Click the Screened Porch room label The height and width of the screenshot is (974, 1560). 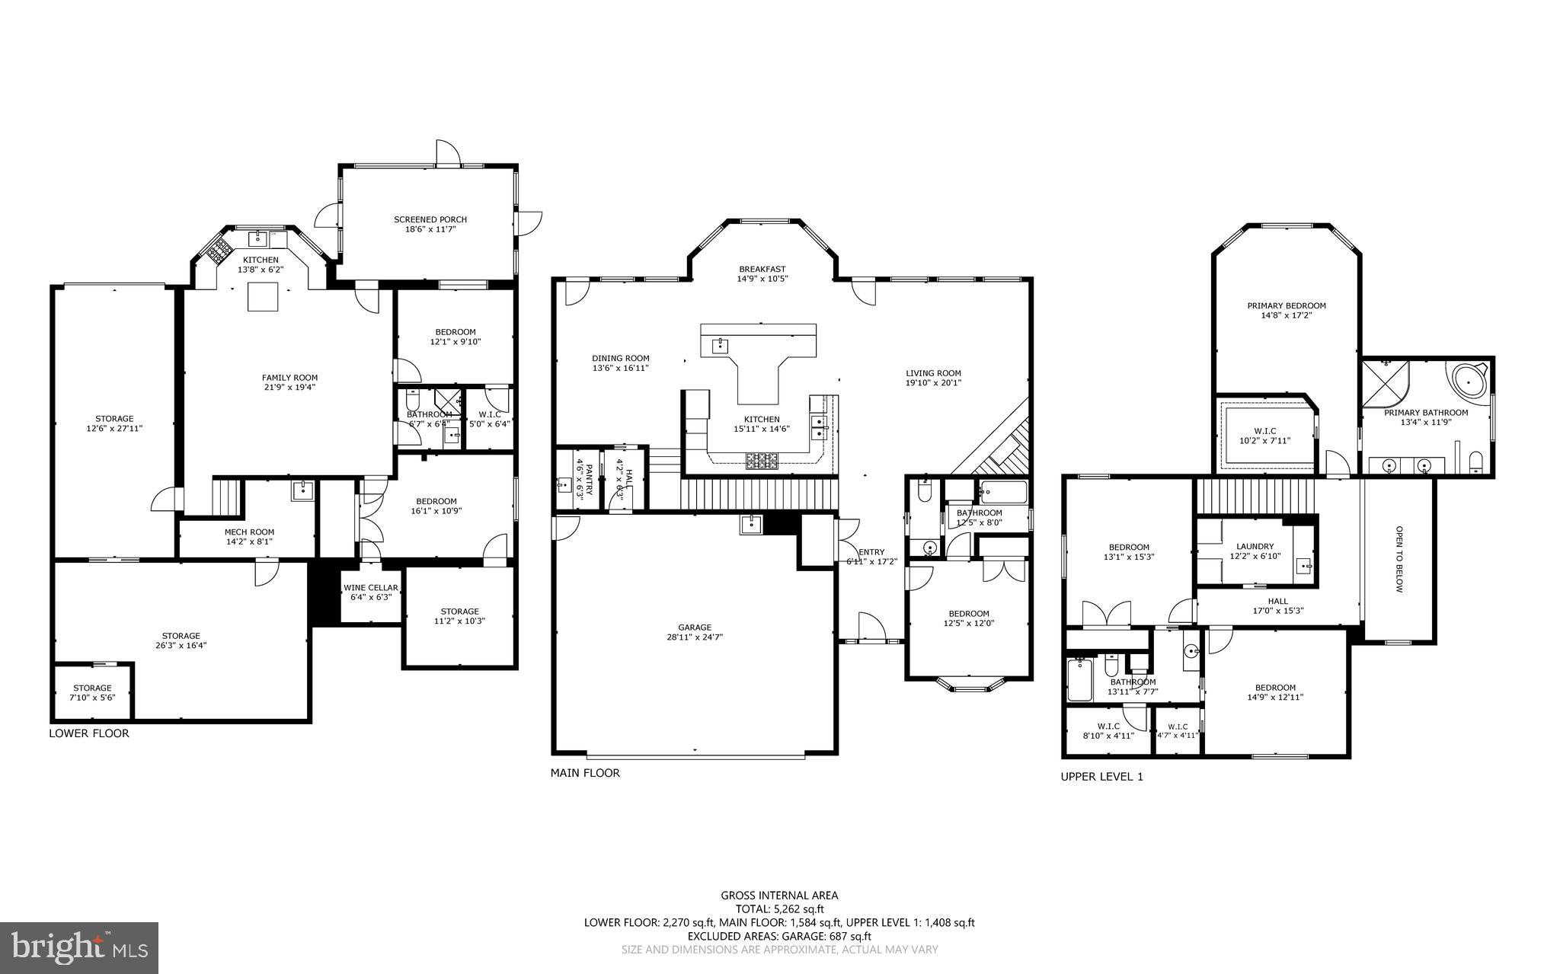(430, 219)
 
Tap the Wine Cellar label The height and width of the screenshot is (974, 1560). (370, 587)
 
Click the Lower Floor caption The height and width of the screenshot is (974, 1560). (89, 733)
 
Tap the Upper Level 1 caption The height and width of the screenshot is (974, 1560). (1101, 777)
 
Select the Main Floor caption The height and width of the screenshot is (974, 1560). (585, 773)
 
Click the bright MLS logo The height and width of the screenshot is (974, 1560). (79, 947)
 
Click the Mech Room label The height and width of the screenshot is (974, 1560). (249, 532)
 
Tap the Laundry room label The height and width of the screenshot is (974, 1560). (1255, 546)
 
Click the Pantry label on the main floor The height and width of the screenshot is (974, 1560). (589, 472)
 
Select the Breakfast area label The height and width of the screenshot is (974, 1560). (762, 269)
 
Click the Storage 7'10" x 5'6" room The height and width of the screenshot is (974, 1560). (92, 692)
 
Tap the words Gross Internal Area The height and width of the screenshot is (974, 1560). (779, 896)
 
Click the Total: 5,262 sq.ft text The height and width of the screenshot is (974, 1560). (779, 909)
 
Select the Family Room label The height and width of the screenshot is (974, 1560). (289, 377)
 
